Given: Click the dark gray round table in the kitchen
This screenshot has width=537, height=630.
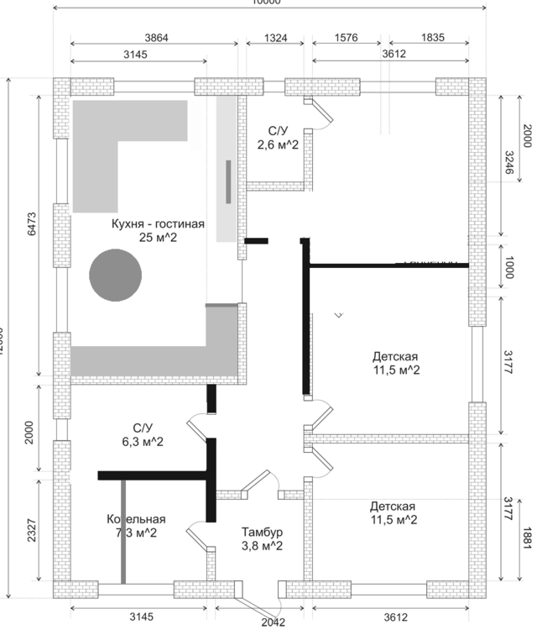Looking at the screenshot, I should pos(115,275).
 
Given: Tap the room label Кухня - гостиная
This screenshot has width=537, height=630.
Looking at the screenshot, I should pos(158,224).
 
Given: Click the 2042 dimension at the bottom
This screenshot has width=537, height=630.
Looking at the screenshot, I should pos(273,622).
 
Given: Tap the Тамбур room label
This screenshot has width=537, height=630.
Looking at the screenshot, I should pos(263,533).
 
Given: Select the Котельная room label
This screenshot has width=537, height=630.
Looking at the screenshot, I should pos(136,519).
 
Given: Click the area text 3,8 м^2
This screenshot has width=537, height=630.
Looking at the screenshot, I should pos(263,545).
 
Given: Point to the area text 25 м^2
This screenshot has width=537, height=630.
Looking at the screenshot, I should pos(158,238).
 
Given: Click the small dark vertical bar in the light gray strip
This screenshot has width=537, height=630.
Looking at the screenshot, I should pos(227,181).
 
